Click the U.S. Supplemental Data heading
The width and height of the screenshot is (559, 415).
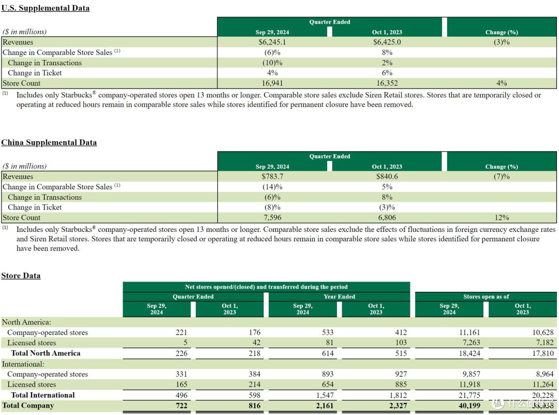[45, 8]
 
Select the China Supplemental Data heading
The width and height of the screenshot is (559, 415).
[49, 142]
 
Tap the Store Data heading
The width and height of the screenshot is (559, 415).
[21, 276]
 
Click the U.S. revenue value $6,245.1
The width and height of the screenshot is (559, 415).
[272, 42]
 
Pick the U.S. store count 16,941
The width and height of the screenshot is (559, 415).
[272, 83]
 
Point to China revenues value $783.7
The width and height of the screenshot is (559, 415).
[272, 176]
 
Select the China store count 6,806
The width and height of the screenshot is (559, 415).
[387, 217]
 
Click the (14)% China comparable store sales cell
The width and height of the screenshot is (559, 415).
[272, 187]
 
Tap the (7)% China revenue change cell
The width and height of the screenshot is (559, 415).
[502, 176]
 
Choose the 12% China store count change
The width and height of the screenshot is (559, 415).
[502, 217]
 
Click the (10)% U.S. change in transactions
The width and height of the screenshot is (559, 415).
[272, 63]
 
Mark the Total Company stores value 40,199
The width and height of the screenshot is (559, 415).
[469, 405]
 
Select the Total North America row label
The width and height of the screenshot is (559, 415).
[46, 353]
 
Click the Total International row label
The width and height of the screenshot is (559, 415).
[43, 395]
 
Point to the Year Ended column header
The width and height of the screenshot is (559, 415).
[340, 297]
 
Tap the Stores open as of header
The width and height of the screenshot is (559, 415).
[486, 297]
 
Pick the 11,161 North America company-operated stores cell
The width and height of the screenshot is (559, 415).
[469, 332]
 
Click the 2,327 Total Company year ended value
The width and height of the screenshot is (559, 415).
[398, 405]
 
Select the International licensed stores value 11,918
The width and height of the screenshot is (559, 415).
[469, 384]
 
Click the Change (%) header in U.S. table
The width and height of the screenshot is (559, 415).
[502, 32]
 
